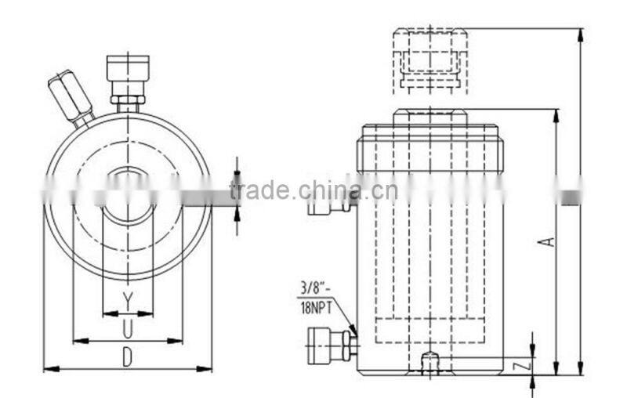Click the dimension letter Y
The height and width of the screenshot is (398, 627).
[127, 298]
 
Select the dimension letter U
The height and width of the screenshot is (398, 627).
[127, 327]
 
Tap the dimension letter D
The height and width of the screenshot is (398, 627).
[127, 356]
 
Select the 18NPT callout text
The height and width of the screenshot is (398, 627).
[316, 309]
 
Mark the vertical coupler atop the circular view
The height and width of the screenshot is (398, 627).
[128, 79]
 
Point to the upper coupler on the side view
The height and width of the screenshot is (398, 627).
[329, 205]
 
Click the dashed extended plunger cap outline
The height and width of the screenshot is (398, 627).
[429, 58]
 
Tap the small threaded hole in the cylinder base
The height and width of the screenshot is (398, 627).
[429, 364]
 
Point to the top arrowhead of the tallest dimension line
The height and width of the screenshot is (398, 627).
[581, 34]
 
